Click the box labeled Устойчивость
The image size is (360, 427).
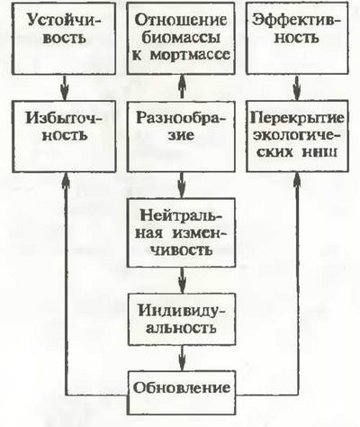point(64,38)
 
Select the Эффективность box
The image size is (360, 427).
point(297,38)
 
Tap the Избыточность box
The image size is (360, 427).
point(64,136)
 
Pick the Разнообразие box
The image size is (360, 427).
point(181,136)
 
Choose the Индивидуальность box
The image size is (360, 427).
point(182,319)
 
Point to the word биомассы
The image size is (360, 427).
point(181,39)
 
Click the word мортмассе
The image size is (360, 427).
point(190,55)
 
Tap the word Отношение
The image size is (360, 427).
point(181,21)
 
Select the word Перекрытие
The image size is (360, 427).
point(297,118)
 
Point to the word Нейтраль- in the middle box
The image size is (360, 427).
point(181,215)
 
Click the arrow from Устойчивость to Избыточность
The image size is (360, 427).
point(65,87)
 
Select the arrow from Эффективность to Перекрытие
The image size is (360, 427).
point(297,87)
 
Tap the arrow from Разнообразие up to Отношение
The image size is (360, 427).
point(182,87)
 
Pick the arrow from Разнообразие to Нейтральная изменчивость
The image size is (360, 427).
point(182,186)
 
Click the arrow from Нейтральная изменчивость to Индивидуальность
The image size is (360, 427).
point(182,280)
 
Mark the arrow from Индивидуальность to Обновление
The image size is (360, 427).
point(182,359)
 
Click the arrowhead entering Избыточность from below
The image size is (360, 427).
point(66,180)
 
